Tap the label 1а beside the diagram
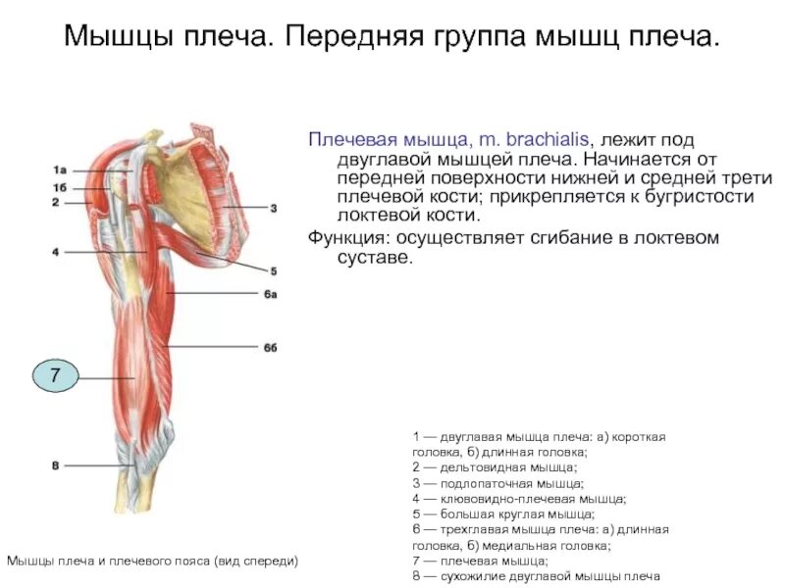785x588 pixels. coord(60,170)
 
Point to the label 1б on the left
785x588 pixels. coord(60,186)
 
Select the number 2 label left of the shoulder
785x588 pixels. coord(56,202)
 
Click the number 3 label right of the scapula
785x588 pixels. coord(274,208)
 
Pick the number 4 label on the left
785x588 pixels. coord(56,252)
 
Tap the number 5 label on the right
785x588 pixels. coord(274,270)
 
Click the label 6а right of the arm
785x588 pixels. coord(270,295)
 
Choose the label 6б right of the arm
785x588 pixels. coord(270,347)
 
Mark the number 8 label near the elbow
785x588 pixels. coord(56,465)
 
